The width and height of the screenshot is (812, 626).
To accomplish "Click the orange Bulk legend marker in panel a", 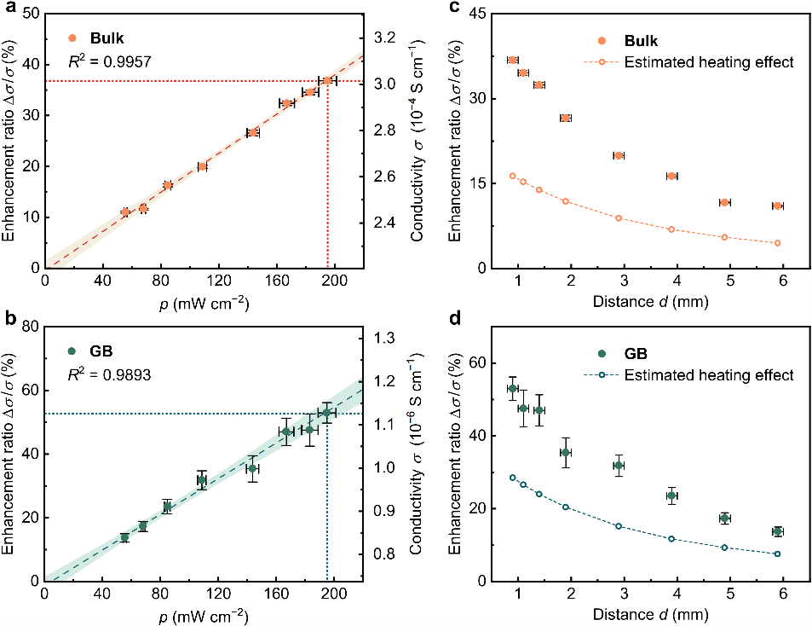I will click(72, 38).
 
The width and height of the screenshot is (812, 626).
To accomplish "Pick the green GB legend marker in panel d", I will click(604, 353).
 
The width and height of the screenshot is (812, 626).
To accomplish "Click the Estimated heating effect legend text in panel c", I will click(708, 61).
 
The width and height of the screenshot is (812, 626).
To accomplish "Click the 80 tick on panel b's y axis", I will click(30, 326).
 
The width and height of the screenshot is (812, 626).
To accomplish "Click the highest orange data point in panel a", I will click(327, 80).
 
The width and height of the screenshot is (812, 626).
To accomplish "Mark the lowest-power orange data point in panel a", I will click(125, 212).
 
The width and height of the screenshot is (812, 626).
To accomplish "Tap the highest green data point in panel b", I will click(326, 413).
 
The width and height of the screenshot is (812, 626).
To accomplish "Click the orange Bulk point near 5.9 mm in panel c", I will click(777, 206).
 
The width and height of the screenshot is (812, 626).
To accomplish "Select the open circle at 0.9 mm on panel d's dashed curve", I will click(512, 478).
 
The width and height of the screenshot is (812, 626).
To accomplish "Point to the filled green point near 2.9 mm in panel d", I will click(619, 465).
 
